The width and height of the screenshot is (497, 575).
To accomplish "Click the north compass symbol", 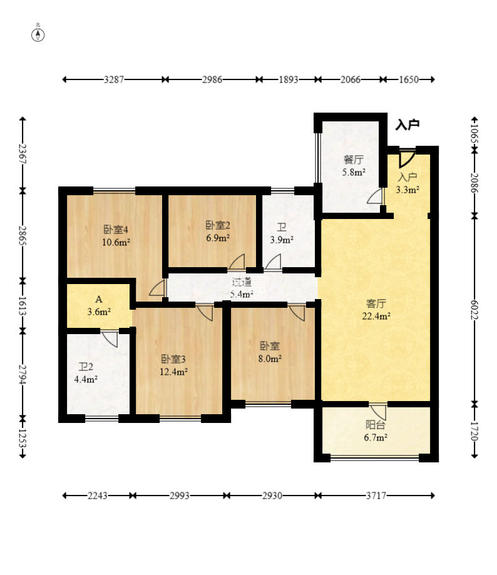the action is pos(38,34).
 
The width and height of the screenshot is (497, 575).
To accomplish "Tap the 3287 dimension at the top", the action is pos(114,79).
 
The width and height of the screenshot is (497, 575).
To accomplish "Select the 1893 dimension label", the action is pos(289,79).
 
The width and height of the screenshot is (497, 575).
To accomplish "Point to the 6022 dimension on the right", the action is pos(474,310).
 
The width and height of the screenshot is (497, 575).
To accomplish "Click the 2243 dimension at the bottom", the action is pos(98,496).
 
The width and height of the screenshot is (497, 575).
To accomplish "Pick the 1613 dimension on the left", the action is pos(23,306).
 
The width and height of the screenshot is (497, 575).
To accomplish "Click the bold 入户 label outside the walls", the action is pos(407,125).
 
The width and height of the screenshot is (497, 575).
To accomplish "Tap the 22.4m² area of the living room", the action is pos(376,316).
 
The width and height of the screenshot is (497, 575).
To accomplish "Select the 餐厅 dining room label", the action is pos(354,160).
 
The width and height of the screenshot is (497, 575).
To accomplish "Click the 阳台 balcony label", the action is pos(376,425).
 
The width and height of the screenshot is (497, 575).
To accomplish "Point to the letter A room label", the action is pos(99,299).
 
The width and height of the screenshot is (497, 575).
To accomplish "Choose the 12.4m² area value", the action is pos(173,372).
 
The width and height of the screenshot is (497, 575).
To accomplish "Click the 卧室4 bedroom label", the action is pos(116,230).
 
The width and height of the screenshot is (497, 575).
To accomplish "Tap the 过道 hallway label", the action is pos(242,282).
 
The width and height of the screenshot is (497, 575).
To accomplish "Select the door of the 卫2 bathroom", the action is pos(110,338).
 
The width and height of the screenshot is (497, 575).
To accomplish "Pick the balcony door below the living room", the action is pos(378,412).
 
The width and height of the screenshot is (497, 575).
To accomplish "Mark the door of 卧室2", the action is pos(237,262).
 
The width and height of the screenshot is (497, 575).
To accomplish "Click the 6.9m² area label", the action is pos(218,238).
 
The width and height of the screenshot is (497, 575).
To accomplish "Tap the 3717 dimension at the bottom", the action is pos(376,496).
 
